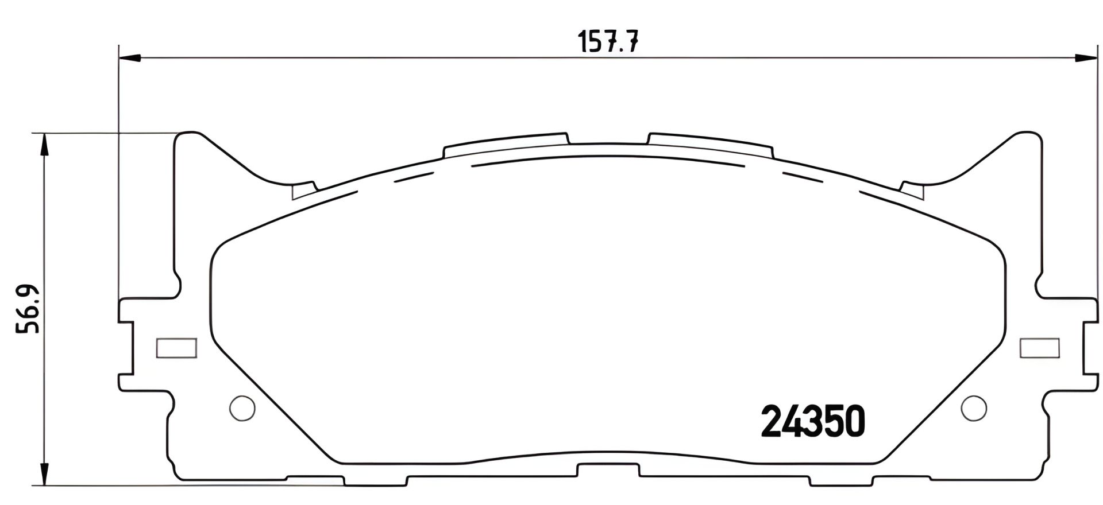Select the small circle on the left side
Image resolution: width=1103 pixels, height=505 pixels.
pyautogui.click(x=242, y=408)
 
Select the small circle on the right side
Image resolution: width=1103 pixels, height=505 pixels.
pyautogui.click(x=973, y=408)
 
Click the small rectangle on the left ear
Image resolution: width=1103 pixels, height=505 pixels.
pyautogui.click(x=177, y=348)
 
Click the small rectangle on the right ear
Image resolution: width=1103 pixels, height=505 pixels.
pyautogui.click(x=1040, y=348)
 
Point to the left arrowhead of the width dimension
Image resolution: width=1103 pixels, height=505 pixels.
pyautogui.click(x=130, y=57)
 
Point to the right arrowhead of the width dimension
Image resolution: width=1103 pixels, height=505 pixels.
pyautogui.click(x=1086, y=57)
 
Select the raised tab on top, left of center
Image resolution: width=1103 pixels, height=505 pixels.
pyautogui.click(x=506, y=144)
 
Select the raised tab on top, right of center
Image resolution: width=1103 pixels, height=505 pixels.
pyautogui.click(x=709, y=144)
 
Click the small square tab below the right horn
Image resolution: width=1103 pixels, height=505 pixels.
pyautogui.click(x=913, y=191)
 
